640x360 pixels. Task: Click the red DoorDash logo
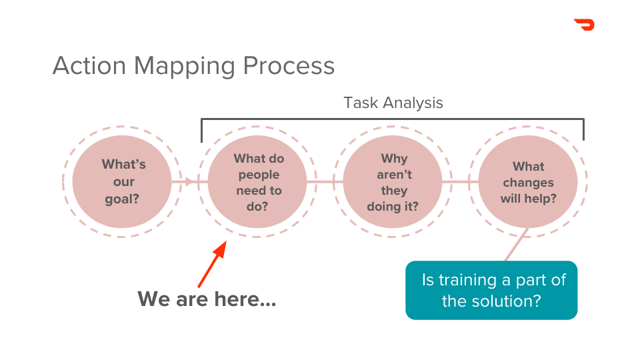tap(584, 25)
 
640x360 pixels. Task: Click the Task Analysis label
tap(393, 103)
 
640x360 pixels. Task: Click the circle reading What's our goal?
tap(123, 181)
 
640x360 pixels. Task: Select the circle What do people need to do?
tap(258, 182)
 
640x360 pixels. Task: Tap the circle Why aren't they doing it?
tap(393, 182)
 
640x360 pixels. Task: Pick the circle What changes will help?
tap(528, 182)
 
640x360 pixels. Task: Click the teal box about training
tap(491, 290)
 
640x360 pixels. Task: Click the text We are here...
tap(207, 299)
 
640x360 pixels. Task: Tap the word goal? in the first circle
tap(123, 198)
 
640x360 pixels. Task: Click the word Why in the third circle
tap(394, 159)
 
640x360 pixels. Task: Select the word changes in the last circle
tap(528, 183)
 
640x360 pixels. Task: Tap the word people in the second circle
tap(259, 175)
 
